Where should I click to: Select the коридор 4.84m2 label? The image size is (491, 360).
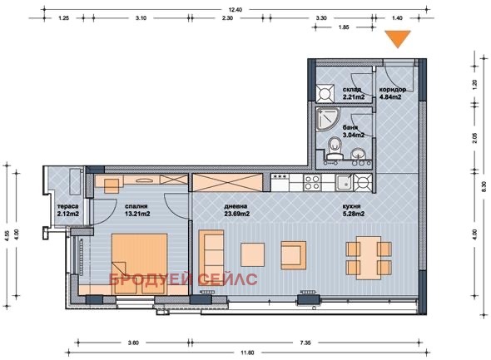390,92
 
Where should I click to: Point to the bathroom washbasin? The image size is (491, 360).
358,152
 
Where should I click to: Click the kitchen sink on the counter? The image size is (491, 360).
341,181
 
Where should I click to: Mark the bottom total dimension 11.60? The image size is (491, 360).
247,353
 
